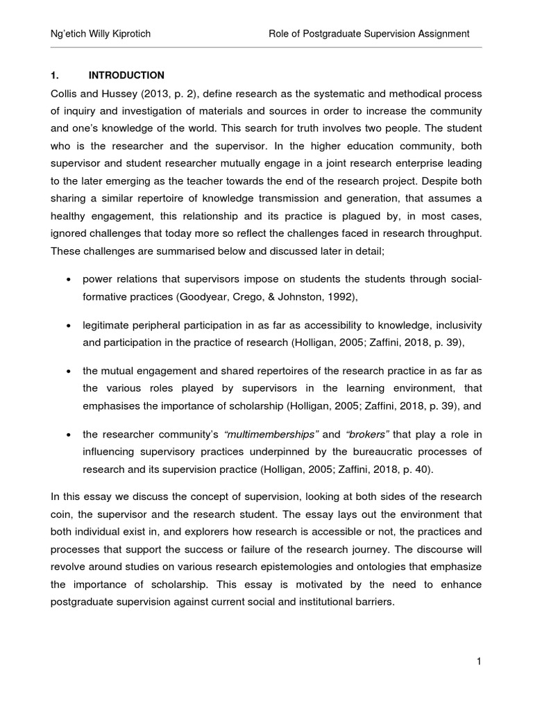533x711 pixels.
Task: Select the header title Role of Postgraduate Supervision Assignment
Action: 369,33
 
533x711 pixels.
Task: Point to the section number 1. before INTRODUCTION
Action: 56,75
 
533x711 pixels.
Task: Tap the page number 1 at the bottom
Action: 479,662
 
